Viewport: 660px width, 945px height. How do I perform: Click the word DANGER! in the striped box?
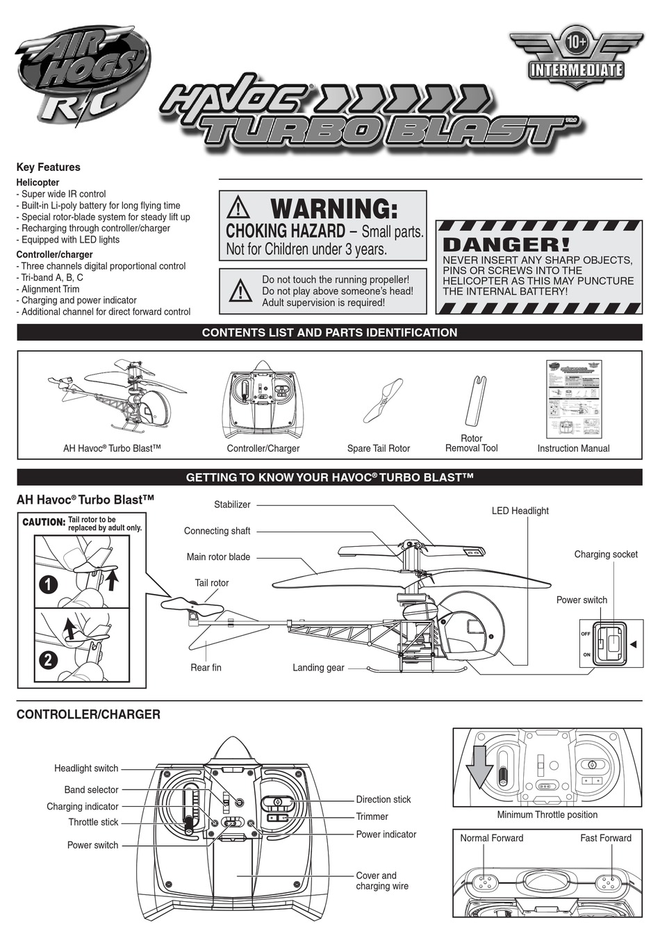click(506, 245)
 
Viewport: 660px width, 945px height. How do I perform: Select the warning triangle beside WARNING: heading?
click(238, 207)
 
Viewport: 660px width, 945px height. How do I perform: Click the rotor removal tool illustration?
click(473, 401)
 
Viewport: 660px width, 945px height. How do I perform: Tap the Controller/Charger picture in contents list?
click(263, 400)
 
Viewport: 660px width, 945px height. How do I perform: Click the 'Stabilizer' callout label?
click(232, 504)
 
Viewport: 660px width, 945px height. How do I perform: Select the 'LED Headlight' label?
click(520, 511)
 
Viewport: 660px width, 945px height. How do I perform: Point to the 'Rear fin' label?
click(206, 668)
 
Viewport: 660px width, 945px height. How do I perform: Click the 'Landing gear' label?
click(318, 668)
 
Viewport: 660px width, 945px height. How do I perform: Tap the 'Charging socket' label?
click(605, 554)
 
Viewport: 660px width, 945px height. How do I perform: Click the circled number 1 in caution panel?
click(48, 584)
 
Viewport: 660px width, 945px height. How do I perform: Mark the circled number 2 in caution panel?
click(48, 659)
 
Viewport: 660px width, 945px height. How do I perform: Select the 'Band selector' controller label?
click(91, 790)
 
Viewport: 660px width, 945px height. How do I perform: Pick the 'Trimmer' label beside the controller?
click(372, 817)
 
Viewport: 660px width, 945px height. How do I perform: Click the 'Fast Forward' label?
click(605, 838)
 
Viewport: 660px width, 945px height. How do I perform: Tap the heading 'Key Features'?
click(48, 167)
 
